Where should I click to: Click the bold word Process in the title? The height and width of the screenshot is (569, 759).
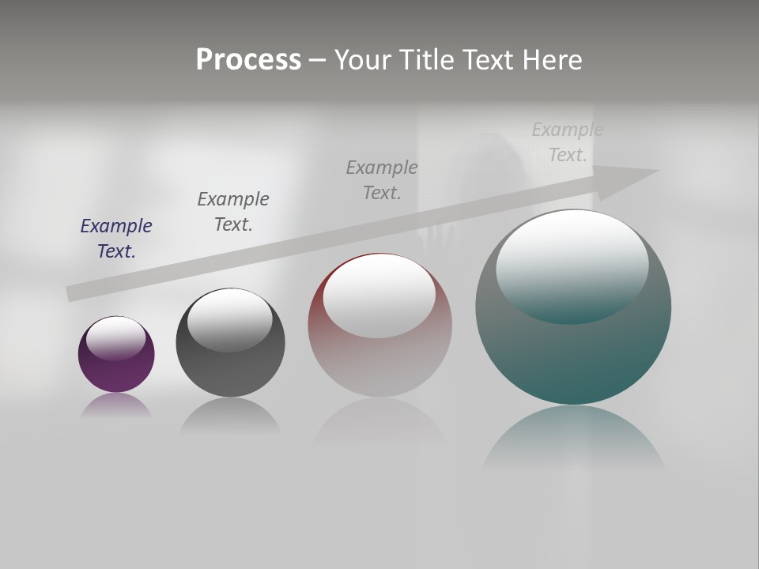248,60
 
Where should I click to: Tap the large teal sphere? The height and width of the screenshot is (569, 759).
573,356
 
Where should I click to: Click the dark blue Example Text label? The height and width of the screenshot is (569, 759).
116,239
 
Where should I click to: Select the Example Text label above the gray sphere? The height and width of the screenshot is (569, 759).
232,212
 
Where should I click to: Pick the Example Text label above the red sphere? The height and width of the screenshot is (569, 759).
382,180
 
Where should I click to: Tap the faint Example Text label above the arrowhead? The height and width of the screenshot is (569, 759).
567,142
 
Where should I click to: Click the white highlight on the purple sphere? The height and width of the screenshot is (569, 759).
116,337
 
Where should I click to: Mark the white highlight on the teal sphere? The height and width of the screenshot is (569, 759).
572,265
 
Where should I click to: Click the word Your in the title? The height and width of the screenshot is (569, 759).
361,60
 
